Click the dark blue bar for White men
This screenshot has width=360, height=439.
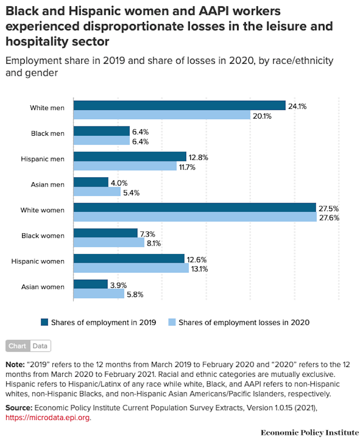(179, 105)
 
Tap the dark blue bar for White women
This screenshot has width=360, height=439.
(194, 208)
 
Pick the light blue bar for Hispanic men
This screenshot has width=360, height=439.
(125, 167)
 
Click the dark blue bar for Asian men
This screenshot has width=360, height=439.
(91, 182)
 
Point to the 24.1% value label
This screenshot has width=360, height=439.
(298, 106)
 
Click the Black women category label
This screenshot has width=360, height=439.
(43, 236)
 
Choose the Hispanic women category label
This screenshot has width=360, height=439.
(38, 262)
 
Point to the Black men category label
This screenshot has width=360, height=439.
(48, 134)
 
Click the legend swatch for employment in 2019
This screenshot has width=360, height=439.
(45, 322)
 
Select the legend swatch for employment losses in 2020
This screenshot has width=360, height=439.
(172, 322)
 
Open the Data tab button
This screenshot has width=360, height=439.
(40, 346)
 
